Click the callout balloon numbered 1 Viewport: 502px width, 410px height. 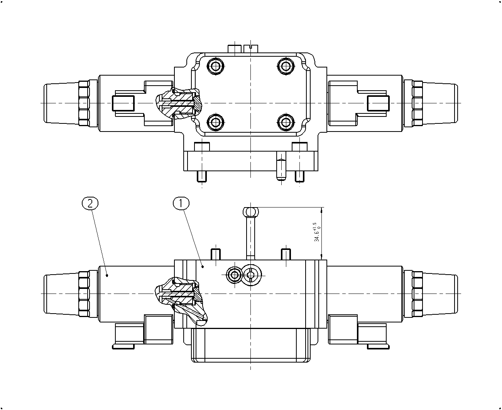click(x=181, y=203)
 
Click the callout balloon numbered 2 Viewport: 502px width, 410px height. click(x=90, y=203)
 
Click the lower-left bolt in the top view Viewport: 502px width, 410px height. click(x=216, y=122)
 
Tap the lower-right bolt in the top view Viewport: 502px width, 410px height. click(x=286, y=122)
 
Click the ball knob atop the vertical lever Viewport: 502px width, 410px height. click(x=251, y=212)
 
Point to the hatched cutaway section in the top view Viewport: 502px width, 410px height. click(x=179, y=103)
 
